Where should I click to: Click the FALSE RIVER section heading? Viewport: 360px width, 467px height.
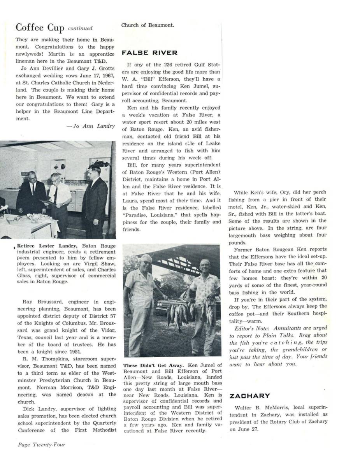click(149, 53)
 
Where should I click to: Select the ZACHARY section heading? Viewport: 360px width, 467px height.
click(249, 396)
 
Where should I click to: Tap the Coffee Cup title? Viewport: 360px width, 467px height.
click(40, 28)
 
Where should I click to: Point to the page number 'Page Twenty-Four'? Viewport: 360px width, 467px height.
click(42, 444)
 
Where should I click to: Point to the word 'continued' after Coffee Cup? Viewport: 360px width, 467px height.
click(80, 28)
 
